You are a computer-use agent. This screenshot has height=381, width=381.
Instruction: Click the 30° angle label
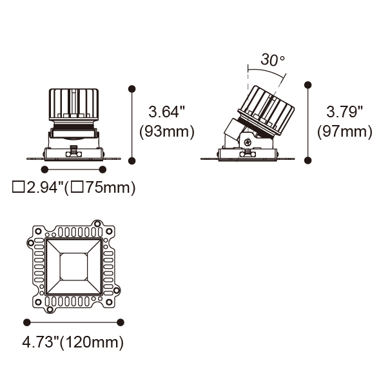[x=273, y=60]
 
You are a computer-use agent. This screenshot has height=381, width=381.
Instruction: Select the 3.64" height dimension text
[x=167, y=112]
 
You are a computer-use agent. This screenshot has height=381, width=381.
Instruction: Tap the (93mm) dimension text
[x=167, y=132]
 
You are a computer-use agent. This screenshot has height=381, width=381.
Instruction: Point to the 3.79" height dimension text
[x=344, y=112]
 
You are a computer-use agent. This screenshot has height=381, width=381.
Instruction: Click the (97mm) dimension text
[x=344, y=132]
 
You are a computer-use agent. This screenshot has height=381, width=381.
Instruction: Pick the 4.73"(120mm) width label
[x=73, y=342]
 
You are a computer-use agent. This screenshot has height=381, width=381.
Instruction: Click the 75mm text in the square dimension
[x=108, y=188]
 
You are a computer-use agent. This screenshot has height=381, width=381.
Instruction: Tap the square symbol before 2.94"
[x=19, y=188]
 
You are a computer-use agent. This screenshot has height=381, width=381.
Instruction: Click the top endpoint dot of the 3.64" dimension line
[x=132, y=89]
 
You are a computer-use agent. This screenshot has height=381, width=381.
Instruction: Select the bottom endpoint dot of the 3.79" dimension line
[x=308, y=161]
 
